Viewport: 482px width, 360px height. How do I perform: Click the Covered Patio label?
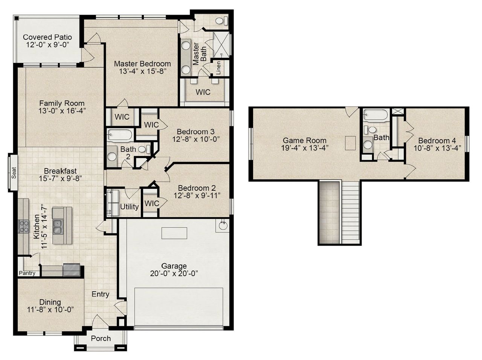tap(47, 37)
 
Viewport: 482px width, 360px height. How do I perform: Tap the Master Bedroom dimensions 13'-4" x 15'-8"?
tap(142, 71)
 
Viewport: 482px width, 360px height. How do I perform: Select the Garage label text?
tap(174, 266)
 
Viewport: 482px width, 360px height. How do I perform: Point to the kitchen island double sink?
tap(58, 227)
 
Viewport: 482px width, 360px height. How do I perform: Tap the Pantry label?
tap(27, 273)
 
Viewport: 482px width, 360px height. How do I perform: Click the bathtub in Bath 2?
tap(120, 135)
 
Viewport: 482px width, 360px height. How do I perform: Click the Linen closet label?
tap(218, 68)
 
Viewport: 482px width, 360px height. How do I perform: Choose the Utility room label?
tap(129, 207)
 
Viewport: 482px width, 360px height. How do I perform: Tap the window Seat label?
tap(14, 173)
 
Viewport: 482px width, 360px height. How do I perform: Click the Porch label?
tap(101, 338)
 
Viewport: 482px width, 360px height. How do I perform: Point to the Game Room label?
tap(305, 140)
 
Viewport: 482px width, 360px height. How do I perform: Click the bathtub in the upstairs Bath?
tap(375, 115)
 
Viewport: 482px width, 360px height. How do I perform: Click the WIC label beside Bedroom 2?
tap(152, 204)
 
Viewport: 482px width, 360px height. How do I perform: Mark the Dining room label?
tap(50, 302)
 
